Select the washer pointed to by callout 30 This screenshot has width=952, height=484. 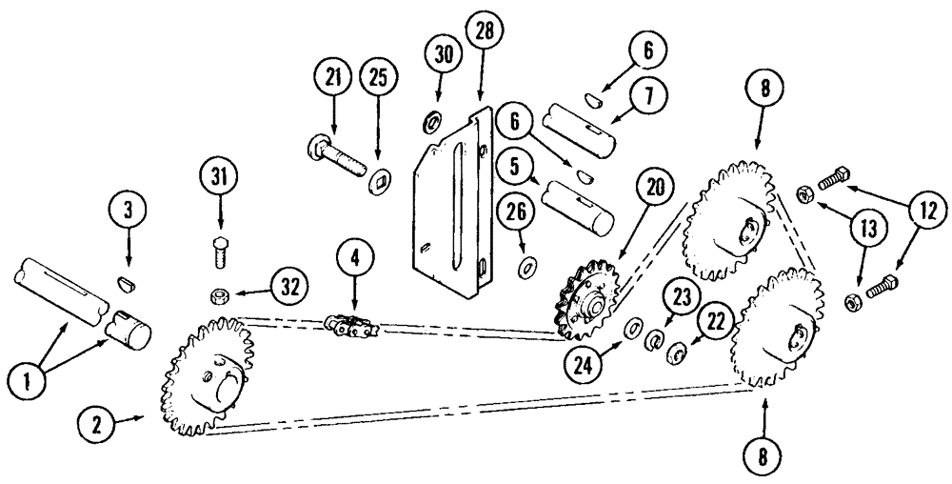[x=431, y=121]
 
